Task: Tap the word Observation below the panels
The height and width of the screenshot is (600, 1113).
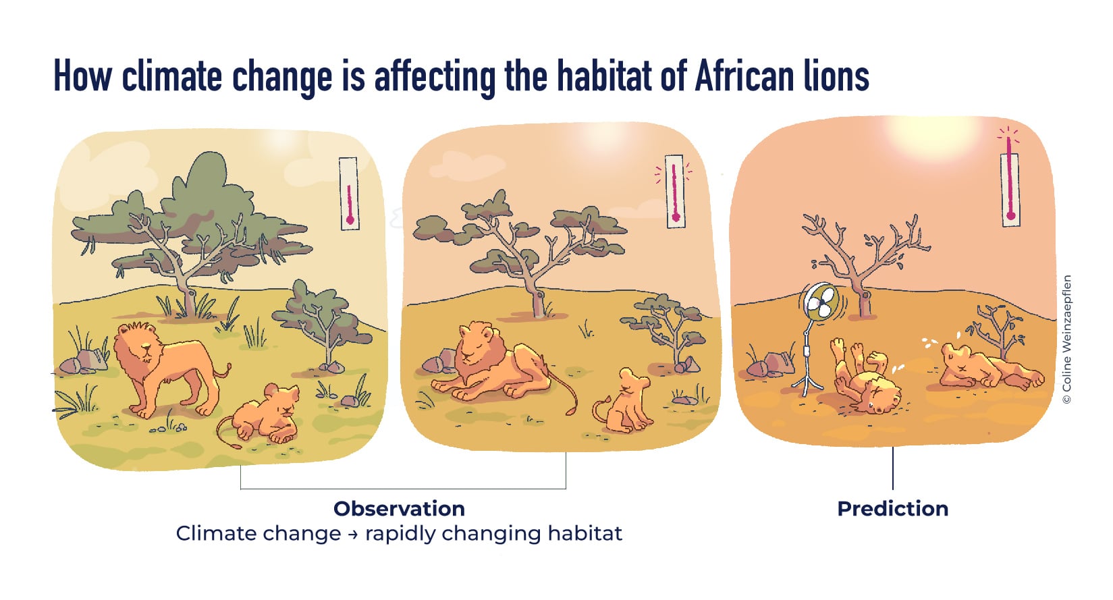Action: [x=399, y=509]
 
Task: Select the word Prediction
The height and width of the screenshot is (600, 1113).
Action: [x=892, y=509]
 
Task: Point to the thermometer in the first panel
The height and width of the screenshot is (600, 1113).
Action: [x=349, y=194]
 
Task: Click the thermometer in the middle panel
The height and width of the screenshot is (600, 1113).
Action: [x=675, y=191]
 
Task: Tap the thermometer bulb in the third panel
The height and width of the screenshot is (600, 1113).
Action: [x=1010, y=215]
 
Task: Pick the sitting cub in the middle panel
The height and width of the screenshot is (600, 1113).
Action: [x=624, y=400]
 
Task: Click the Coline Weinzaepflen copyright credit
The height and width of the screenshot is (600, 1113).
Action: [x=1066, y=339]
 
